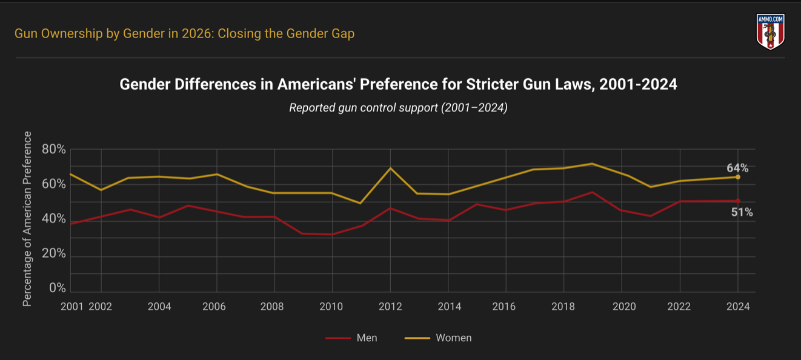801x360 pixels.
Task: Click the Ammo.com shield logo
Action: coord(770,32)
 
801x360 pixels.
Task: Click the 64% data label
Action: coord(737,168)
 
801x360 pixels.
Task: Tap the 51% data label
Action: coord(742,212)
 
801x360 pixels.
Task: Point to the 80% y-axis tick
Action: coord(53,149)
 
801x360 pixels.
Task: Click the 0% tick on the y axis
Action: coord(57,288)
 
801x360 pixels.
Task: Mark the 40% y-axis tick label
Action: coord(53,219)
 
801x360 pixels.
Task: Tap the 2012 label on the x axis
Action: coord(390,306)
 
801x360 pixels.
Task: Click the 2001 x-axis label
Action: coord(72,306)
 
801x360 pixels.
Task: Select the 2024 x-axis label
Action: coord(737,306)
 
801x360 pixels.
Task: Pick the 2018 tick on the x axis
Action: coord(563,306)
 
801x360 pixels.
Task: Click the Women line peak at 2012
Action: coord(391,168)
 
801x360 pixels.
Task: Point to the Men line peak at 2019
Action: coord(593,192)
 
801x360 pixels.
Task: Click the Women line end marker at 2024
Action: coord(738,177)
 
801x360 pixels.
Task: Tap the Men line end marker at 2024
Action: coord(738,201)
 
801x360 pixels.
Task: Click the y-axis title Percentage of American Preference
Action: coord(27,219)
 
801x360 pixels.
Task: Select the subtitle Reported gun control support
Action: coord(398,108)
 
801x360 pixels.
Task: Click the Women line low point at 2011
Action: coord(361,203)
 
